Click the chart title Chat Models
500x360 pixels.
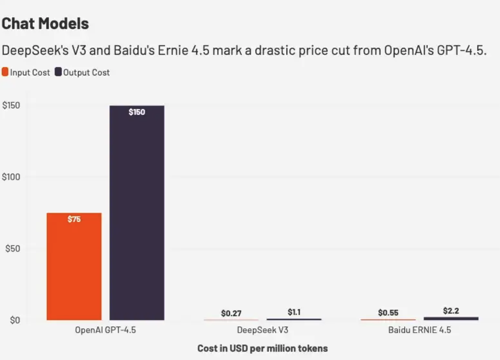click(x=45, y=24)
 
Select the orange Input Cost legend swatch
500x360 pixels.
click(x=5, y=72)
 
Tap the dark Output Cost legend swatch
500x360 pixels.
click(x=58, y=72)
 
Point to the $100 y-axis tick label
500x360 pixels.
click(x=11, y=177)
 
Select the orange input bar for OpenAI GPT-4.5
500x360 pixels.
click(x=74, y=270)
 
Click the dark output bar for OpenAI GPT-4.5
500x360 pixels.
click(x=137, y=214)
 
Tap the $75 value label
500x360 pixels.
click(x=74, y=219)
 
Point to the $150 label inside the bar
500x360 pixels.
click(x=137, y=112)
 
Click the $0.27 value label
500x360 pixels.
click(x=231, y=313)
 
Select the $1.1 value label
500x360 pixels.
click(x=294, y=312)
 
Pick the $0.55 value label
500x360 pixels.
click(x=388, y=313)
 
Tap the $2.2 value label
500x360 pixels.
click(x=451, y=311)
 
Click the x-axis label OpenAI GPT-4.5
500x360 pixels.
click(x=105, y=330)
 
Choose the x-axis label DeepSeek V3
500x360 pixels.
click(x=263, y=330)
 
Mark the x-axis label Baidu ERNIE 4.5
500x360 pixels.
click(x=420, y=330)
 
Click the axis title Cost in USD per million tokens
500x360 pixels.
click(x=263, y=349)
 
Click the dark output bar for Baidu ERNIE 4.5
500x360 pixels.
click(x=451, y=318)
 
